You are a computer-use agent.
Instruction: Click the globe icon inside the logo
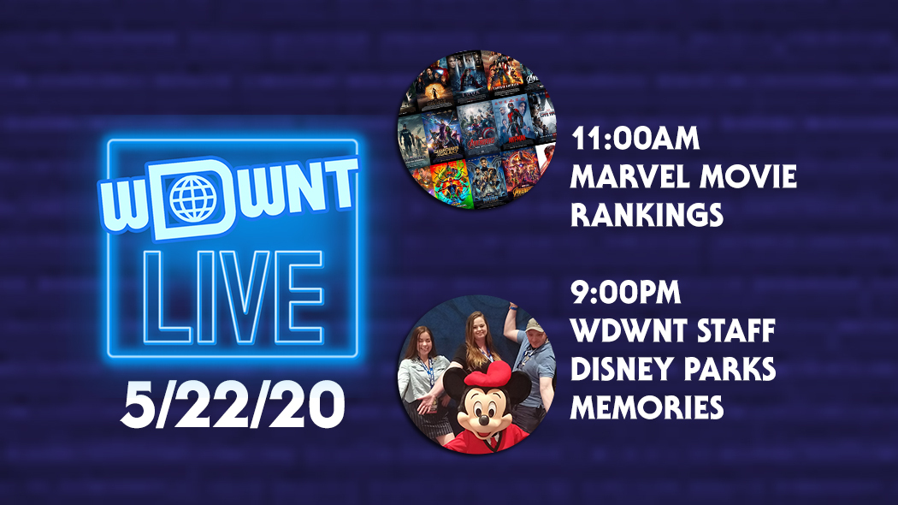193,199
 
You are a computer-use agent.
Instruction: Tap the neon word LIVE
233,298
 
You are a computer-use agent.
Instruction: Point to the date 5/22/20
233,405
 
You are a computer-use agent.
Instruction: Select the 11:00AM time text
635,139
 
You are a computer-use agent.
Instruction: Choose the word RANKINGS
647,216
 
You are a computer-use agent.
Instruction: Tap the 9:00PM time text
625,293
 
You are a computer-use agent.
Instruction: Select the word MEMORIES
647,407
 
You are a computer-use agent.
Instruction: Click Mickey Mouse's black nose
483,420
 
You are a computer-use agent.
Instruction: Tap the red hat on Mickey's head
490,374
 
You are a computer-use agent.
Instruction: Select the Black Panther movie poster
487,180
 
